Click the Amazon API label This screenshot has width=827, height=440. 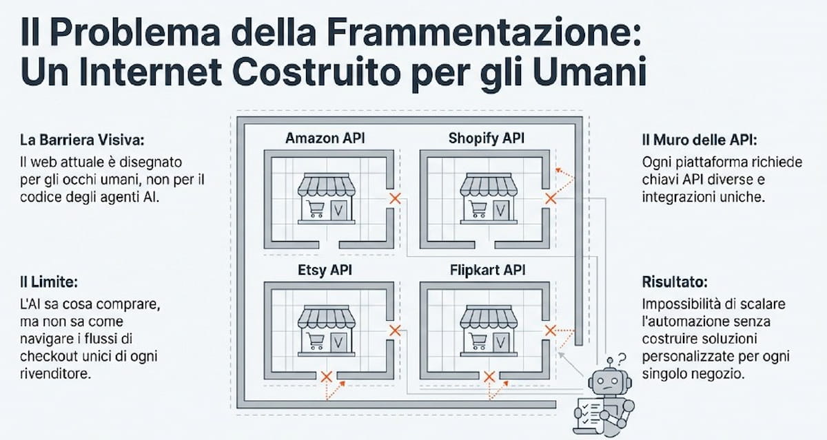tap(325, 138)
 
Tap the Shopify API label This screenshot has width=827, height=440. tap(486, 138)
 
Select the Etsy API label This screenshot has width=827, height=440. tap(325, 270)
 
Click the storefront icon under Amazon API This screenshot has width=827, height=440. tap(327, 200)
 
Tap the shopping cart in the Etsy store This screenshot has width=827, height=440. tap(316, 340)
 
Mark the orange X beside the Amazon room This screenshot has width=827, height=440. tap(395, 199)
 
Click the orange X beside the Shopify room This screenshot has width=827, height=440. tap(550, 199)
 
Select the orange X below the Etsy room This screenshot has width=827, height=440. tap(326, 377)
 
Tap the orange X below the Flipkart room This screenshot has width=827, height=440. tap(489, 377)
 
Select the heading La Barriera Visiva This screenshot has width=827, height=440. tap(82, 140)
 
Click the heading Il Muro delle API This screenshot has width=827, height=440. tap(699, 140)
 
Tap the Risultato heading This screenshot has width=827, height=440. tap(675, 282)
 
